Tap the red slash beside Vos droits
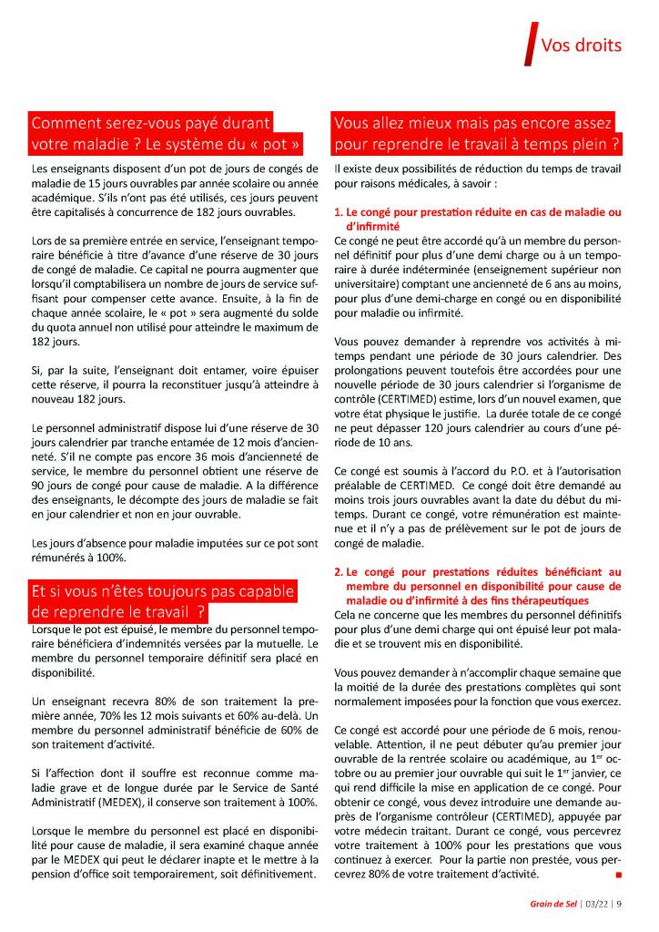[528, 45]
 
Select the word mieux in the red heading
[442, 123]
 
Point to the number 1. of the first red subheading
[339, 211]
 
